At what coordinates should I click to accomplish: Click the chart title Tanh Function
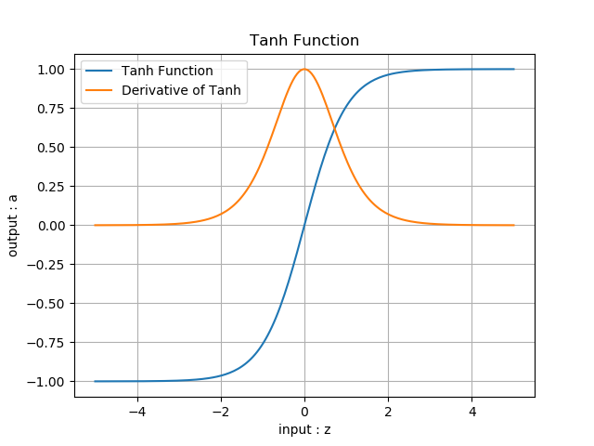point(304,41)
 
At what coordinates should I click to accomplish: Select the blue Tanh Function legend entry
point(167,72)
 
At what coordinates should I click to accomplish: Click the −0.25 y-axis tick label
point(49,265)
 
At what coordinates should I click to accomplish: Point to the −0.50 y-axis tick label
point(49,304)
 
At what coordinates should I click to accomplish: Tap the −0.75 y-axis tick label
point(49,343)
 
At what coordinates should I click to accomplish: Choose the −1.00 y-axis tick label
point(49,382)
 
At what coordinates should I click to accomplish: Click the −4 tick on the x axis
point(137,411)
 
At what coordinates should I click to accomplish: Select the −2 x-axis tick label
point(221,411)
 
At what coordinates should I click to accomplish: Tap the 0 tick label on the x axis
point(304,411)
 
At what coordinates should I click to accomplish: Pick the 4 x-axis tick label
point(471,411)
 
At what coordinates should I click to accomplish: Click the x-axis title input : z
point(304,429)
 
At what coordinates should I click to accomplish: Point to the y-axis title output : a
point(13,226)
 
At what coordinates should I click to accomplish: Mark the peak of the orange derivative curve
point(304,70)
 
